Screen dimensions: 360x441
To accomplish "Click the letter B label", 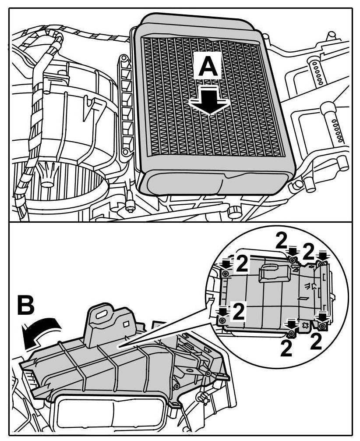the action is [x=27, y=307].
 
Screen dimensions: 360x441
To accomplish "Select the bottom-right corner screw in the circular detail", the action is [x=323, y=327].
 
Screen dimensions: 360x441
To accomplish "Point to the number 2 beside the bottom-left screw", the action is [x=238, y=312].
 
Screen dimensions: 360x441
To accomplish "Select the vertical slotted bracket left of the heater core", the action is [x=126, y=105].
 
